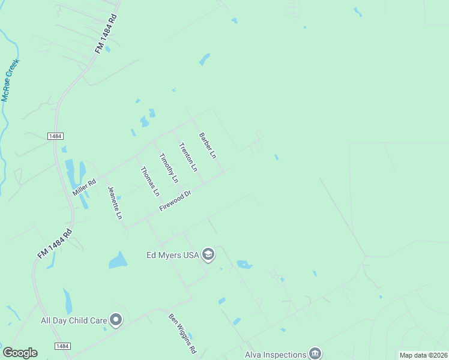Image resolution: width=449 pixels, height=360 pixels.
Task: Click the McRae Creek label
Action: (x=10, y=80)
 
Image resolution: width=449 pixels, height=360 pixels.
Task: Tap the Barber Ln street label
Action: (x=207, y=145)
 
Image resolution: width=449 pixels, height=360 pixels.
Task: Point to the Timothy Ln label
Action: (x=169, y=168)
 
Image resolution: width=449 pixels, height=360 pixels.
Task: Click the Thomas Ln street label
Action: (x=150, y=181)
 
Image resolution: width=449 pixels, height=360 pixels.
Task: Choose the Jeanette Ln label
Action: (x=115, y=202)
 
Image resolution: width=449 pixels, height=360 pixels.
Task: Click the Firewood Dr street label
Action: (x=175, y=200)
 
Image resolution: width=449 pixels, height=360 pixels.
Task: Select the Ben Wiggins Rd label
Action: (x=182, y=333)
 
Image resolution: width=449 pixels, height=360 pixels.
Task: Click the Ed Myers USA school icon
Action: (x=208, y=255)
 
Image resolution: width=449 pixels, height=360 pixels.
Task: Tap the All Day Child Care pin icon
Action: (x=116, y=320)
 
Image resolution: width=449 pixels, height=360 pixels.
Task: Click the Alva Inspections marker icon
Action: (x=315, y=353)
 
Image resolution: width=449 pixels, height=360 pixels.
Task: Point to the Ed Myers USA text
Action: (x=173, y=255)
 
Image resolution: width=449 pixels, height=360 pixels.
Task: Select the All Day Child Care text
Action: (x=74, y=320)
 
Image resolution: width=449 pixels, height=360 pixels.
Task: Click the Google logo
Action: (x=20, y=353)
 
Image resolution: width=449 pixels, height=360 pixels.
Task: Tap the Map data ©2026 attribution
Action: (x=423, y=355)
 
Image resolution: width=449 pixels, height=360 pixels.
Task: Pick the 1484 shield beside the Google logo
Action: (x=62, y=346)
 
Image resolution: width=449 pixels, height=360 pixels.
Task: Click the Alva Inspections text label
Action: (x=276, y=354)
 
